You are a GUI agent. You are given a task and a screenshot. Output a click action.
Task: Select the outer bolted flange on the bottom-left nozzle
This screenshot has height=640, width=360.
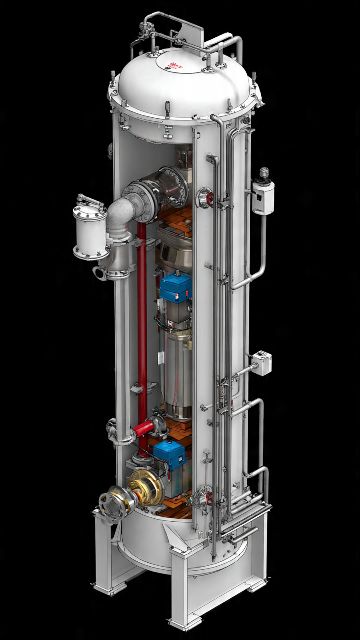click(111, 505)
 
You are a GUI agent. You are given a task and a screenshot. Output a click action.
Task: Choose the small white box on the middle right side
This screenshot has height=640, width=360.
click(262, 363)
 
